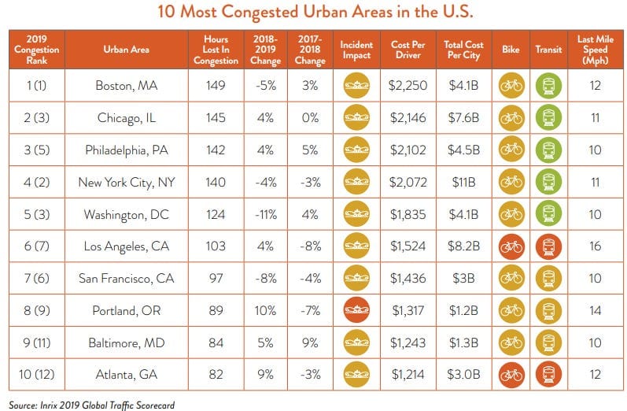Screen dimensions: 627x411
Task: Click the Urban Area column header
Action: click(x=127, y=50)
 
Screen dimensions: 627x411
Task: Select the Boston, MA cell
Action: click(x=127, y=86)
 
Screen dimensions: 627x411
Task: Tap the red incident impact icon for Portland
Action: click(x=356, y=310)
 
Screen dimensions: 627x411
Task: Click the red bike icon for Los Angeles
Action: click(x=511, y=246)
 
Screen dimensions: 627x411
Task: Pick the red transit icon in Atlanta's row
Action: click(x=548, y=375)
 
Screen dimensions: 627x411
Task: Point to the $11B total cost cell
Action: click(x=464, y=182)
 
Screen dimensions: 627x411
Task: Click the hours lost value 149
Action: click(x=216, y=85)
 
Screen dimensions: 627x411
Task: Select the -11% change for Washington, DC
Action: click(x=266, y=214)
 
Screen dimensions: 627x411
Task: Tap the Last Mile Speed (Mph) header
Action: click(x=596, y=50)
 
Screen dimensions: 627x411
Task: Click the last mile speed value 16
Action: click(x=596, y=246)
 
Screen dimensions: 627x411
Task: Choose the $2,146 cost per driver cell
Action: click(x=408, y=117)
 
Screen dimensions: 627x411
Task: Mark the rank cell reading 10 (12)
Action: click(x=36, y=375)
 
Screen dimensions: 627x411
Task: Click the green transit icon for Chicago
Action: click(x=548, y=117)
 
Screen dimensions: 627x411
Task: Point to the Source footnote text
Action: click(x=91, y=405)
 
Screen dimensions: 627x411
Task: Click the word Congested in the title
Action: click(x=260, y=12)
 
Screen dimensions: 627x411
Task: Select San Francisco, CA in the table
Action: click(x=127, y=278)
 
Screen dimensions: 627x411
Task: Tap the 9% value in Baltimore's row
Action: click(x=310, y=342)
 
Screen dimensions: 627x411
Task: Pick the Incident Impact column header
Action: click(x=356, y=50)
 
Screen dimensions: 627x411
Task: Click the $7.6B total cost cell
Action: click(x=464, y=117)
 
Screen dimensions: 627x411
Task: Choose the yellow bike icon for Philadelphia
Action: click(x=511, y=150)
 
